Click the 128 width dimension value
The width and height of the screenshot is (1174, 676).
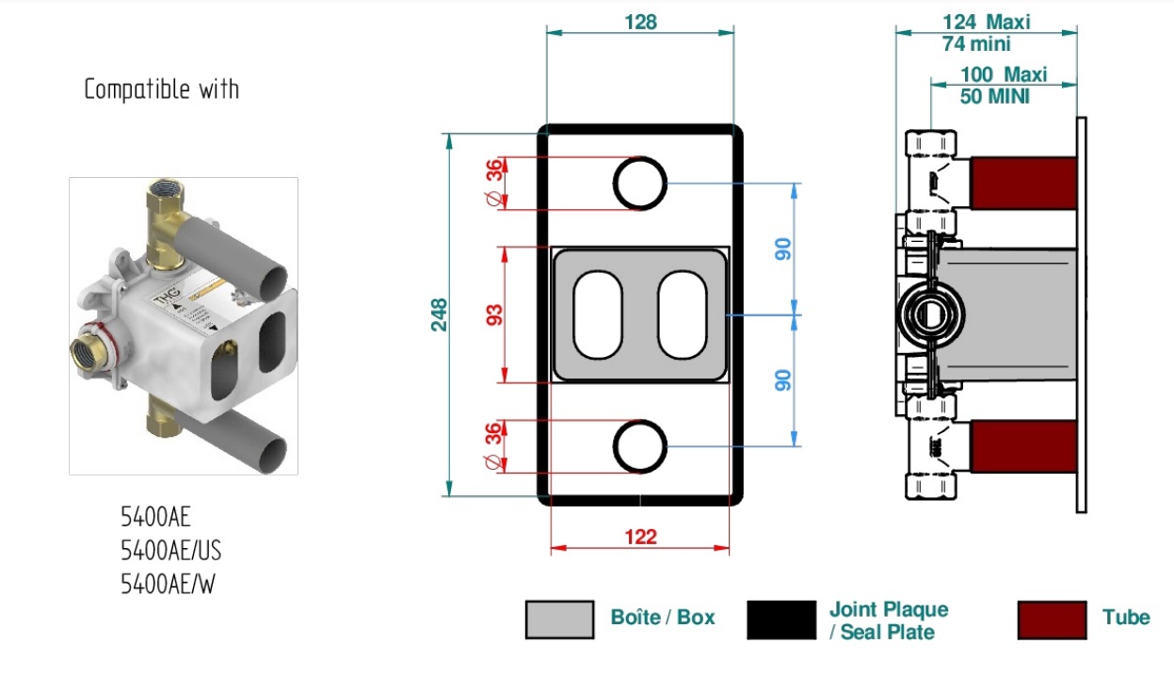coord(640,22)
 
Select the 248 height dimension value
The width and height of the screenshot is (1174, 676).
coord(440,315)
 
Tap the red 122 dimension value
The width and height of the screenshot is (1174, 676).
coord(640,537)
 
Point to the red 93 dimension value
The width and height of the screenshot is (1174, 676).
coord(494,315)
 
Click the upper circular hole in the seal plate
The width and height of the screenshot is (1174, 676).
coord(640,158)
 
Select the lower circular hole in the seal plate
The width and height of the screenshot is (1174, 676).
coord(640,421)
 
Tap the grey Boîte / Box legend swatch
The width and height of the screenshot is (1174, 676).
coord(560,620)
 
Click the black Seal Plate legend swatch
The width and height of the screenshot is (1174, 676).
coord(781,620)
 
